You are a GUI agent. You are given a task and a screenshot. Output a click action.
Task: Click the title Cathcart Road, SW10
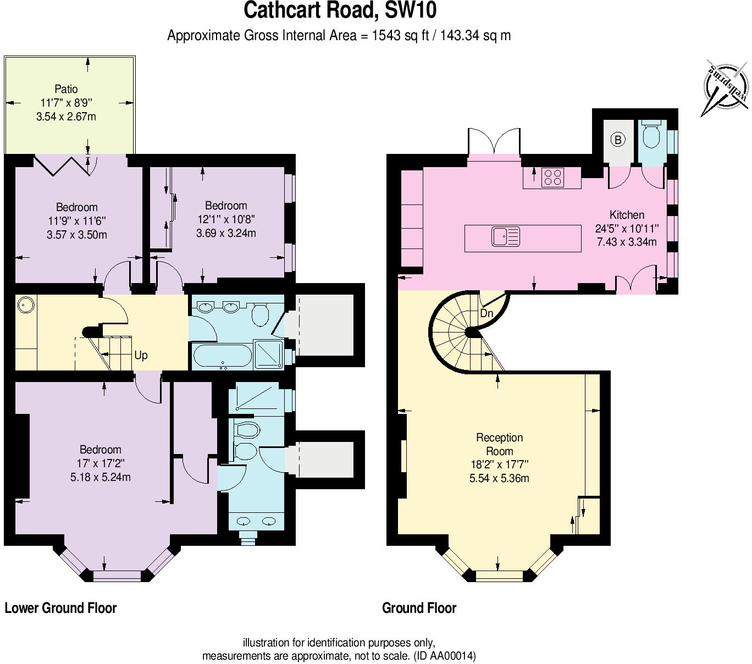[340, 11]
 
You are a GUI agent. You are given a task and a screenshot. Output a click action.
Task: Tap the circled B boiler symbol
[618, 140]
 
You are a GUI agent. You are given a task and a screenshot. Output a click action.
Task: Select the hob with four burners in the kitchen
[552, 177]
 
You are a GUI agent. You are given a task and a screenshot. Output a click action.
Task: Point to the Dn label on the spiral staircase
[486, 314]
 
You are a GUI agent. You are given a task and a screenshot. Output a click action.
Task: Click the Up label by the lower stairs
[141, 355]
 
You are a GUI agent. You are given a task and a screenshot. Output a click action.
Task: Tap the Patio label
[66, 89]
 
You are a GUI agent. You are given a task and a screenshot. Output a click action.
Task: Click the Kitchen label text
[627, 215]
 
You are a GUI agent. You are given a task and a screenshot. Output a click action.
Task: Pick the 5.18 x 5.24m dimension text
[101, 477]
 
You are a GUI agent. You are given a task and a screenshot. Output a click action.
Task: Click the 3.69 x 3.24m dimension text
[226, 233]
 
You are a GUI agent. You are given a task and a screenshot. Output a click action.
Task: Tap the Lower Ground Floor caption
[60, 608]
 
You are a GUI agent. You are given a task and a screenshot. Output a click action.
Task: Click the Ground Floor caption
[419, 608]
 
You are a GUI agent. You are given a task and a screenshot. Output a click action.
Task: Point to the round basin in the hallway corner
[26, 304]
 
